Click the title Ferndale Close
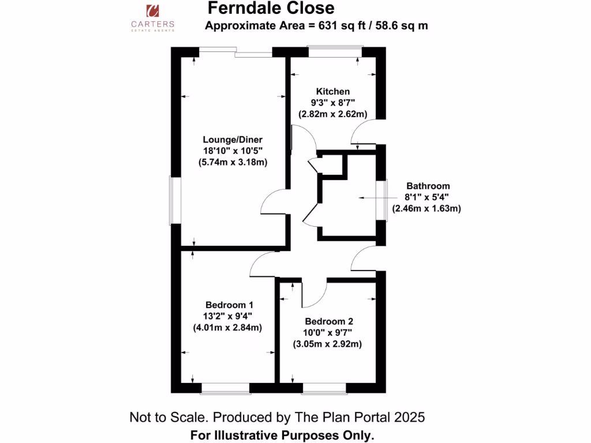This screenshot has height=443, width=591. point(271,8)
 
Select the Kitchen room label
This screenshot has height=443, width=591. point(332,91)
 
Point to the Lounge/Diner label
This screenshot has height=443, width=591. point(229,139)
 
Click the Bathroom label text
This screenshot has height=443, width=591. point(428,186)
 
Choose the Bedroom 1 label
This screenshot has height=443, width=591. point(229,305)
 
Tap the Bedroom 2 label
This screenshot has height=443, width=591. point(329,321)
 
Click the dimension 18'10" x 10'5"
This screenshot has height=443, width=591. point(229,151)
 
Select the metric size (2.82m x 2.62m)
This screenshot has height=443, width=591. point(333,114)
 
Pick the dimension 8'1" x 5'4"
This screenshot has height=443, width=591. point(428,197)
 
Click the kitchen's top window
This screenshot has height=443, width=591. point(335,50)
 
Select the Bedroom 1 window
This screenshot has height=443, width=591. point(225,389)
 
